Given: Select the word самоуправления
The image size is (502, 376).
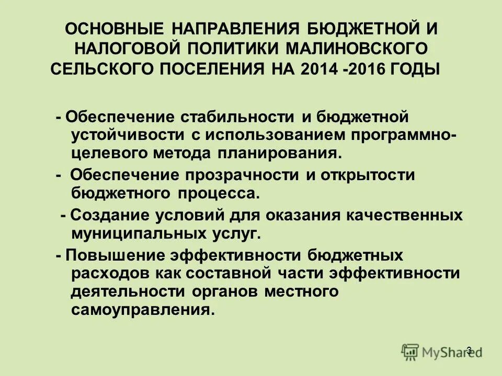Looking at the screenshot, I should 141,311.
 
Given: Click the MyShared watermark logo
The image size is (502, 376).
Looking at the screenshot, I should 442,351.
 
